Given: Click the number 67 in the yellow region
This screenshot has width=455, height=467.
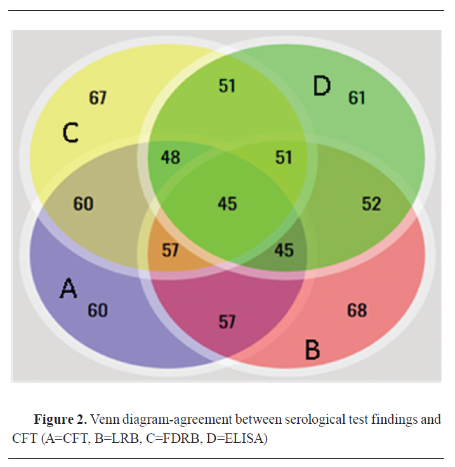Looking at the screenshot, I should click(98, 98).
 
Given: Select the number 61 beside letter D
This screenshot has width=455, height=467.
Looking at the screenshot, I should click(357, 98).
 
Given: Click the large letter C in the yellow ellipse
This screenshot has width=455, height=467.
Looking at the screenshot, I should click(70, 133).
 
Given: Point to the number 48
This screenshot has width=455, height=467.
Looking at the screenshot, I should click(170, 156).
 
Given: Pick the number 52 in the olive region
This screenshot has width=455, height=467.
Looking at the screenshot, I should click(371, 204).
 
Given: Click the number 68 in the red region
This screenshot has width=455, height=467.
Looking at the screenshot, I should click(357, 310).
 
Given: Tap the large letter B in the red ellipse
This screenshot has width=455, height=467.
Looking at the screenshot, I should click(312, 350).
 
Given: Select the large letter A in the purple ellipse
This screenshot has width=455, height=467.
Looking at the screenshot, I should click(68, 289).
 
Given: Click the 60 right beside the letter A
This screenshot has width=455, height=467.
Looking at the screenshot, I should click(98, 310).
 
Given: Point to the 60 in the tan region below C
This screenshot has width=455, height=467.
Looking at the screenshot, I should click(83, 204).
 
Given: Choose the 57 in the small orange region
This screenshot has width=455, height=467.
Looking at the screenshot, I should click(170, 250).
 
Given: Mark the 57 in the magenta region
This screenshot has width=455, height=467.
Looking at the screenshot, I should click(227, 322).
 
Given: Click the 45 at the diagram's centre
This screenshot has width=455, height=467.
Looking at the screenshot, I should click(227, 204).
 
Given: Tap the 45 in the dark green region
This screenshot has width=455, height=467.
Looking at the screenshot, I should click(284, 250).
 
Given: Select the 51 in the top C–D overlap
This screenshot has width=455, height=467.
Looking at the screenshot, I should click(227, 86).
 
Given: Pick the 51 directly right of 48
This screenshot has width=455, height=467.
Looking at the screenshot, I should click(284, 156).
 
